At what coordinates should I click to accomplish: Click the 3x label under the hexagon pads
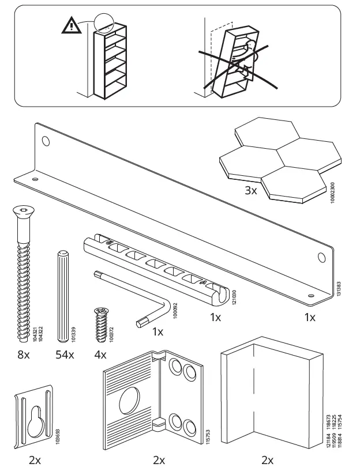click(250, 190)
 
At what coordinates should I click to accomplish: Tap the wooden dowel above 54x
click(63, 294)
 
